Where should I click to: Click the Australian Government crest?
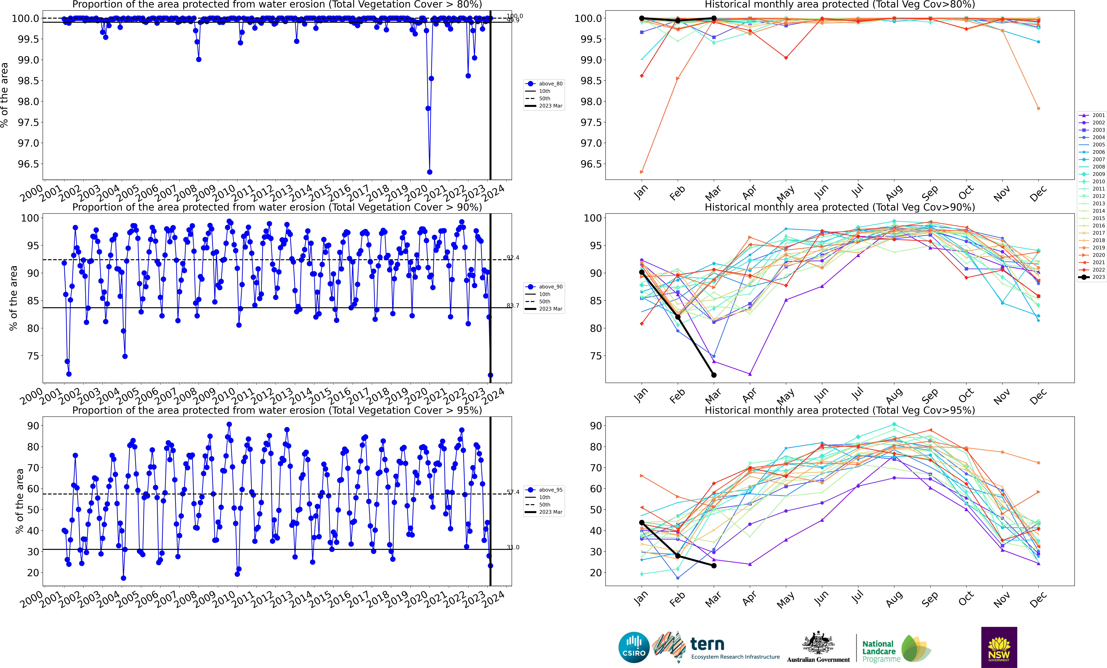[x=818, y=643]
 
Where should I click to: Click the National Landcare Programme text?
[x=881, y=651]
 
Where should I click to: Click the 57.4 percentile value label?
[x=513, y=492]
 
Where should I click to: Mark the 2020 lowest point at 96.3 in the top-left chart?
[x=430, y=172]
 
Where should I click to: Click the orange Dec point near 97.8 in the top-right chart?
[x=1038, y=108]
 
